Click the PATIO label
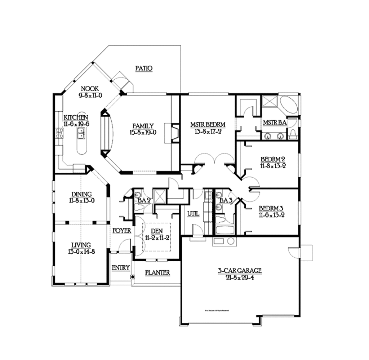point(144,68)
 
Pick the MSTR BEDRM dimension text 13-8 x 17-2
point(208,132)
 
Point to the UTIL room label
point(193,213)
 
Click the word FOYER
point(121,231)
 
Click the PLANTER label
point(157,273)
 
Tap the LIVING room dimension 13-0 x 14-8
point(81,252)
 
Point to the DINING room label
point(81,194)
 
